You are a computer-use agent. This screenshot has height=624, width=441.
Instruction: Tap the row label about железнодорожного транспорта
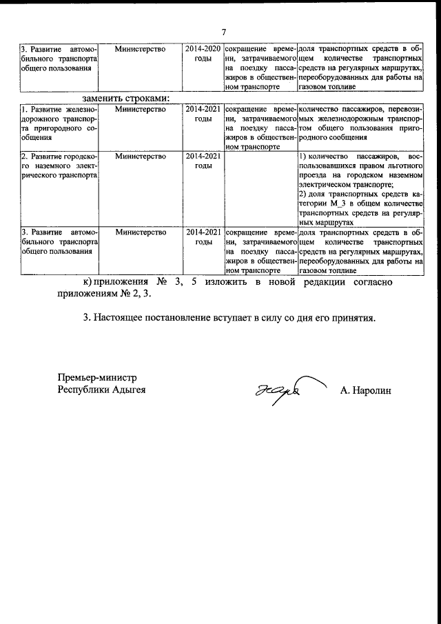click(x=59, y=123)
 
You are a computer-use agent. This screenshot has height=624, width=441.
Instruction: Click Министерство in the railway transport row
click(x=141, y=110)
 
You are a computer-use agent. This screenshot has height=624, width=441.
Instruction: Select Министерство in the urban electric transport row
click(x=141, y=157)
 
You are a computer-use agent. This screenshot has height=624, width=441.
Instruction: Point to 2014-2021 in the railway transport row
click(x=203, y=110)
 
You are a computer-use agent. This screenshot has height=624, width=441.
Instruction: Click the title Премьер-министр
click(x=97, y=378)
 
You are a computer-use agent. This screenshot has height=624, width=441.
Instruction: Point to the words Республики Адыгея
click(x=101, y=390)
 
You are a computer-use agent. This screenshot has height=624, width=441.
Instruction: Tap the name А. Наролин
click(x=365, y=391)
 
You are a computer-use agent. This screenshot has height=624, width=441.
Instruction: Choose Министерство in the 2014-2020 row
click(x=141, y=50)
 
